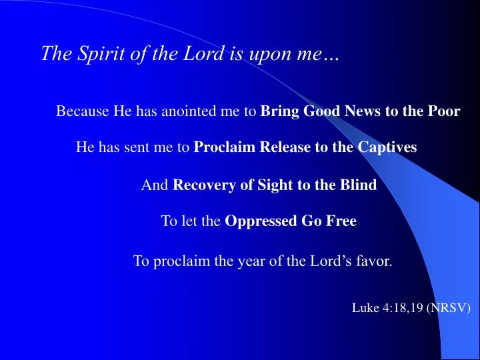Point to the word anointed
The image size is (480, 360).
tap(191, 111)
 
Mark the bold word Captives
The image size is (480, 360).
tap(387, 147)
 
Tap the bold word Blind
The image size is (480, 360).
tap(359, 185)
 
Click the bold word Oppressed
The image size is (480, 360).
tap(253, 221)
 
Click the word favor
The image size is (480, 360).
tap(375, 261)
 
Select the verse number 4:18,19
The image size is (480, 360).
tap(402, 307)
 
